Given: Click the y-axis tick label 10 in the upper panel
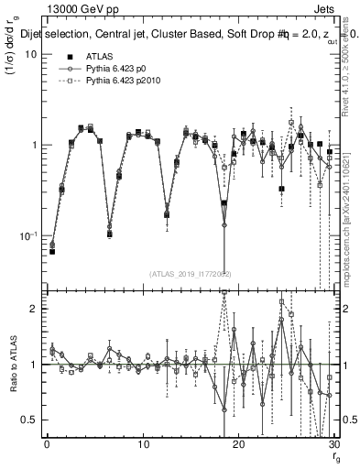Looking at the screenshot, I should coord(30,55).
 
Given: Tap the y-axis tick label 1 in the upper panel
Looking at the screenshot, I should coord(33,146).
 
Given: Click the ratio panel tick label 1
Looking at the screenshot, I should coord(33,365).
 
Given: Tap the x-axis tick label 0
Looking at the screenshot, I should coord(47,445).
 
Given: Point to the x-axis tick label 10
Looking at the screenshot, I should coord(143,445).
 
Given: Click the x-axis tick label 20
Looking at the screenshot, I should coord(238,445).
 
